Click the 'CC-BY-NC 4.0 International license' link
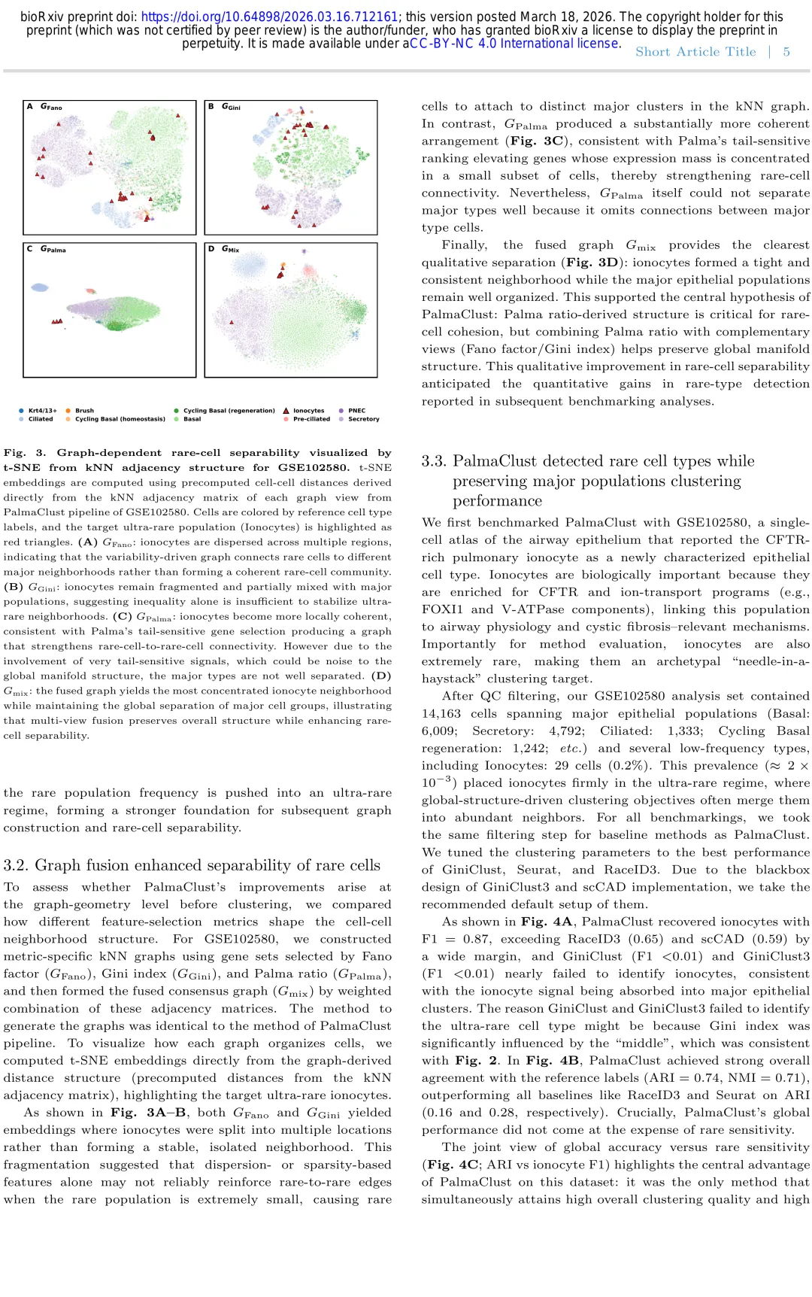pos(515,44)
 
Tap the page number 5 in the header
pos(786,52)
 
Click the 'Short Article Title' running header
pos(695,52)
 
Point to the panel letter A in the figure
pos(30,107)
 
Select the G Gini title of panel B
pos(231,107)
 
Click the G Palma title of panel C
pos(53,249)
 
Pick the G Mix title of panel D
pos(230,249)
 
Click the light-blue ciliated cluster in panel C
pos(39,287)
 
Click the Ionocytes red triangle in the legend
pos(286,411)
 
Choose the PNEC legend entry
pos(356,411)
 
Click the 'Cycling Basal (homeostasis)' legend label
pos(120,419)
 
